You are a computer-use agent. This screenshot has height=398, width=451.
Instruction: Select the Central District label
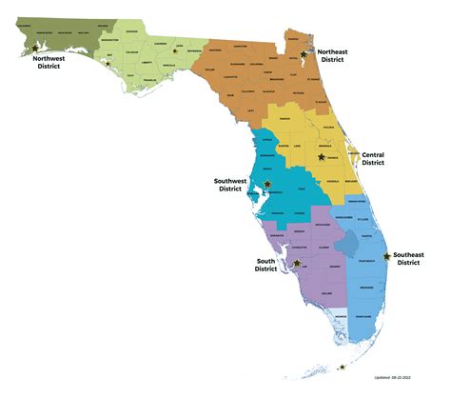373,158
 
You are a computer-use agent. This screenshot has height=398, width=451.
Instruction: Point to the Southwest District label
230,183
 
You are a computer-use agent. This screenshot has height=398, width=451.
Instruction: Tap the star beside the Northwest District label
35,47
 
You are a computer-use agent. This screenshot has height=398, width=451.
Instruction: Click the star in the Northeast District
304,56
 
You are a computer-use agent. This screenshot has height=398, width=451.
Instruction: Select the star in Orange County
322,156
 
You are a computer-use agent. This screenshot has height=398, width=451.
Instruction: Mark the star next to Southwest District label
267,184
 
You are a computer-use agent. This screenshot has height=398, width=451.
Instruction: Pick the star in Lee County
297,263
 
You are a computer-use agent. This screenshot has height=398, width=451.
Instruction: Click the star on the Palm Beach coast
386,256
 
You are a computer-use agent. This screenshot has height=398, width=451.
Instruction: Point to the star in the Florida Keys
342,367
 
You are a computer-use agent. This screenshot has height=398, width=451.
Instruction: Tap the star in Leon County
174,52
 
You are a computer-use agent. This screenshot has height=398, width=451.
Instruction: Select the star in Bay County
108,64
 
